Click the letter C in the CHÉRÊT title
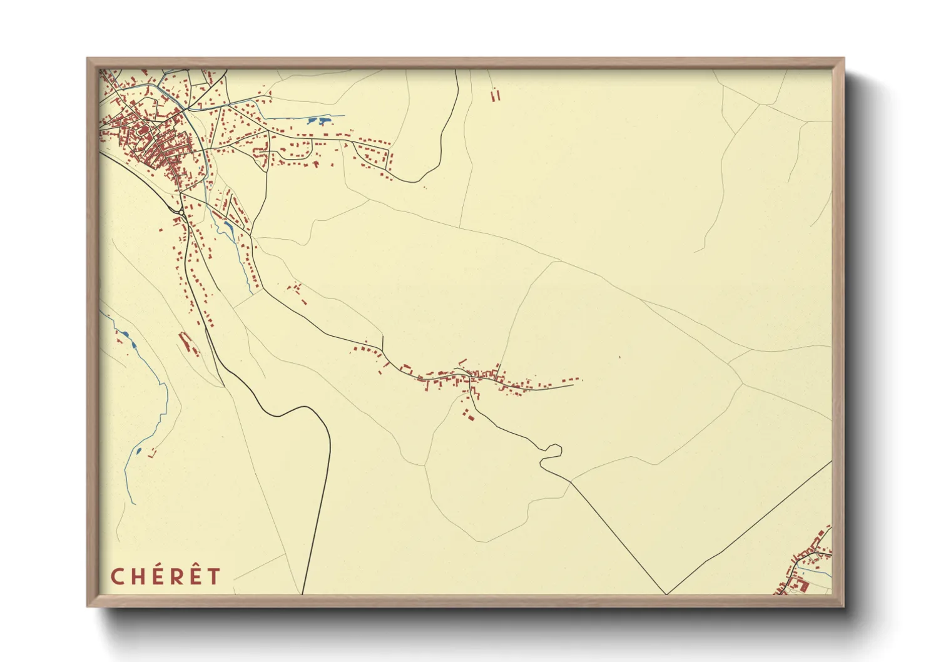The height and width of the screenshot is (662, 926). pos(117,576)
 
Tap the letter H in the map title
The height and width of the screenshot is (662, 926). pos(137,576)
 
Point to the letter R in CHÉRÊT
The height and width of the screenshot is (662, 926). pos(175,576)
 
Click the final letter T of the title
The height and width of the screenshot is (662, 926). pos(213,576)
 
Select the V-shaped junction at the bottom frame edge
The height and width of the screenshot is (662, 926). pos(666,593)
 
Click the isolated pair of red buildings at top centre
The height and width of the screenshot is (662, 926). pos(496,96)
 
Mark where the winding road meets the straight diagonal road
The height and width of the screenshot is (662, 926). pos(571,481)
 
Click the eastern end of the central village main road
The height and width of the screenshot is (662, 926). pos(572,385)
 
